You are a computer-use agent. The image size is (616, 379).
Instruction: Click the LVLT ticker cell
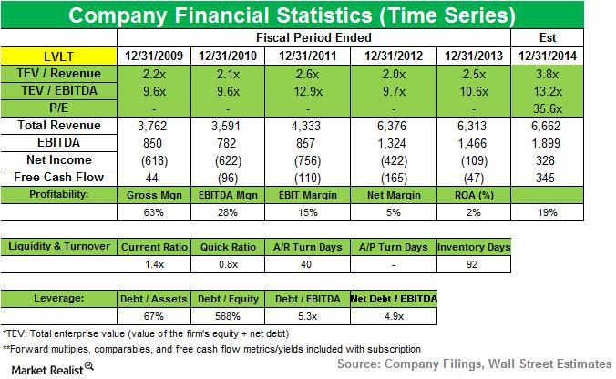(60, 55)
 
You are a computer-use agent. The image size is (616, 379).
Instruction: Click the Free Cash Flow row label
(60, 177)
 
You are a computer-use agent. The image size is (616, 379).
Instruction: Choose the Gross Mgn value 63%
(152, 211)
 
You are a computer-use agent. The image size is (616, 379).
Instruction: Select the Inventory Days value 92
(473, 264)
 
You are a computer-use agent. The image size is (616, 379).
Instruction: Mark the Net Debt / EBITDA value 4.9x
(392, 316)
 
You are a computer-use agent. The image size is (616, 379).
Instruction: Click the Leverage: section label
(60, 299)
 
